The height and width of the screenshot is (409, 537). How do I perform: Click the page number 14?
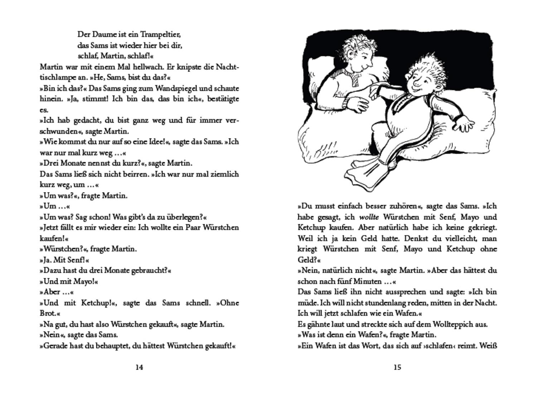(139, 367)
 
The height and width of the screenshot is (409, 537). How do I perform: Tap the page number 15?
(397, 367)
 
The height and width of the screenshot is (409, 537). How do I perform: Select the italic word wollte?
(369, 217)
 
